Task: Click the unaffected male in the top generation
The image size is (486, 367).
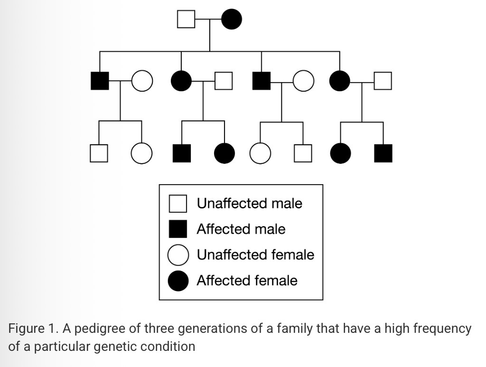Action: [x=186, y=19]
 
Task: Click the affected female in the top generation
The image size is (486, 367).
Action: [x=232, y=19]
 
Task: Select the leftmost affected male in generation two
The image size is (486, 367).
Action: [x=100, y=81]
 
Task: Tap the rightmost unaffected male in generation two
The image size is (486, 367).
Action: [x=383, y=81]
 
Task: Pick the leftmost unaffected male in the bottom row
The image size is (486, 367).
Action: [x=99, y=153]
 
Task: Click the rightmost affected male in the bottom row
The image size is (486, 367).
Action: [x=383, y=153]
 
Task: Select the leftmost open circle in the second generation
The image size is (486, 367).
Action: [x=141, y=81]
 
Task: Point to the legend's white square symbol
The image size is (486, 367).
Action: [x=178, y=204]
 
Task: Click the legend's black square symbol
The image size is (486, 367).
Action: [x=178, y=229]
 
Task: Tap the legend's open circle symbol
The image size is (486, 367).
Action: [x=178, y=255]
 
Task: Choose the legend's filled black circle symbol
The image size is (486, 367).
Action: [x=178, y=281]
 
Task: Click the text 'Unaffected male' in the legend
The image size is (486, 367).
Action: [x=249, y=204]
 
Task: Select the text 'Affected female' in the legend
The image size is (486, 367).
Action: [x=247, y=281]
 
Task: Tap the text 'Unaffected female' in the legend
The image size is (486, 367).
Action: [x=255, y=255]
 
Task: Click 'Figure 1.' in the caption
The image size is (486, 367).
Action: [x=28, y=329]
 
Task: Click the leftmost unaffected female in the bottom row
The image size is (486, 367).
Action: [x=140, y=153]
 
